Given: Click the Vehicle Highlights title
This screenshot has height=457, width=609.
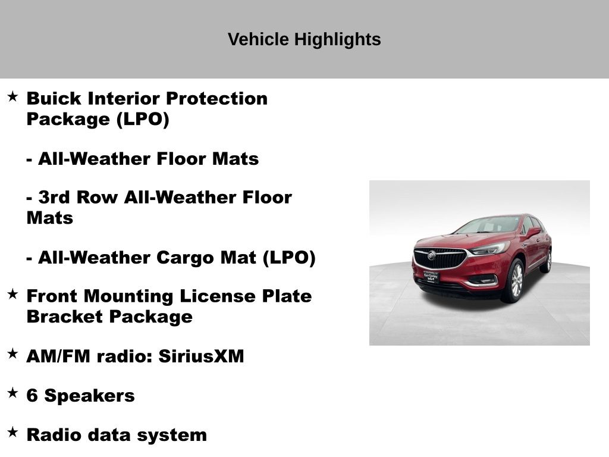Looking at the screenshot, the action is (304, 39).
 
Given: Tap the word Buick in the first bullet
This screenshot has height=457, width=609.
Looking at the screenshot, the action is (54, 98).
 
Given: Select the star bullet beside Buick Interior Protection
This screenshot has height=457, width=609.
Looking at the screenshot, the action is (12, 96).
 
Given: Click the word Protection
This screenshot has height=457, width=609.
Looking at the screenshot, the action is (216, 98).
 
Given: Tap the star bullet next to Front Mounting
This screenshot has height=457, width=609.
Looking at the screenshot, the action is (12, 294).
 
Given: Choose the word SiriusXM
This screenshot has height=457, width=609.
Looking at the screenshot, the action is (201, 356).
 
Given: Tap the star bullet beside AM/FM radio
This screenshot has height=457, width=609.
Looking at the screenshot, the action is (12, 353).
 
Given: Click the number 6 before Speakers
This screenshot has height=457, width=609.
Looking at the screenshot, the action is (32, 396).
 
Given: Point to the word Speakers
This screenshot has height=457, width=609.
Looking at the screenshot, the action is (89, 396).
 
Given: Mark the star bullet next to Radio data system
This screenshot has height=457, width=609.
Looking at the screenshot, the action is (12, 432).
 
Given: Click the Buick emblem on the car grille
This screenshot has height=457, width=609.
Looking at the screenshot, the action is (432, 255).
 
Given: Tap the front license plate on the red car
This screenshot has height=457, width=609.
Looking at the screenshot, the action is (431, 277).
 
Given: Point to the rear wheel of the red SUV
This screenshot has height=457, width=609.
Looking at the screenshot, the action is (548, 261).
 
